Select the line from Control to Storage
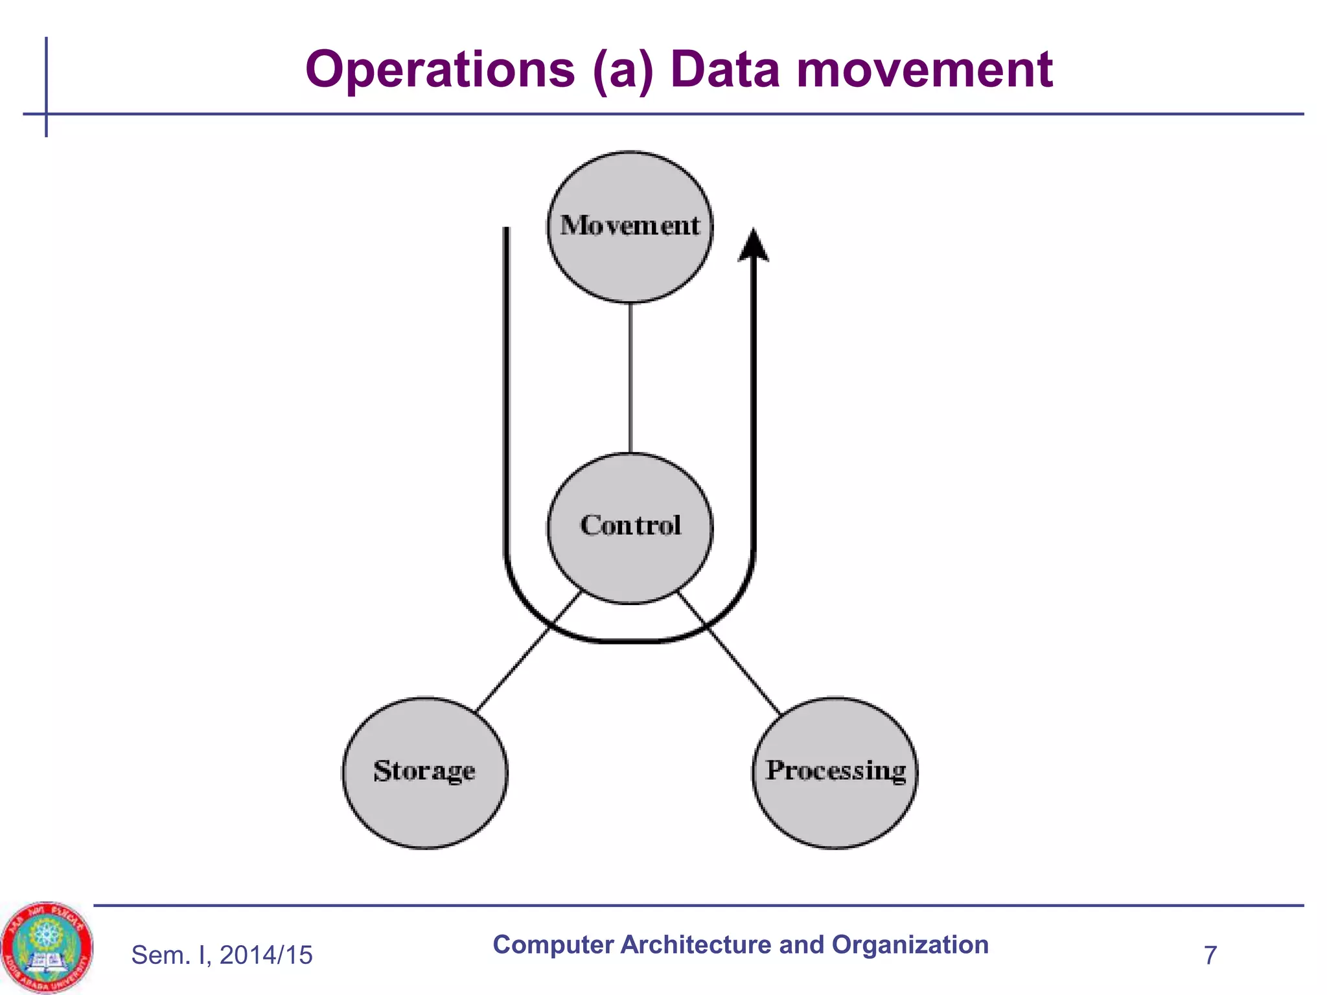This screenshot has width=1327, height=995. pyautogui.click(x=528, y=652)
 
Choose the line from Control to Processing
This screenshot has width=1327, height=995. pyautogui.click(x=730, y=652)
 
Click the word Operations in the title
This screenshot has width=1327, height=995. pyautogui.click(x=440, y=70)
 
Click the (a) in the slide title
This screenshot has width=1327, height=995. pyautogui.click(x=623, y=70)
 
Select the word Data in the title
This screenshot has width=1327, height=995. pyautogui.click(x=725, y=70)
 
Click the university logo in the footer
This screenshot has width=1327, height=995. pyautogui.click(x=46, y=946)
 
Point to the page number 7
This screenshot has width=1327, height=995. pyautogui.click(x=1210, y=955)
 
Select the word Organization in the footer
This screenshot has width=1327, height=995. pyautogui.click(x=910, y=945)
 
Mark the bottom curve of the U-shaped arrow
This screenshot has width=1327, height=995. pyautogui.click(x=630, y=641)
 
